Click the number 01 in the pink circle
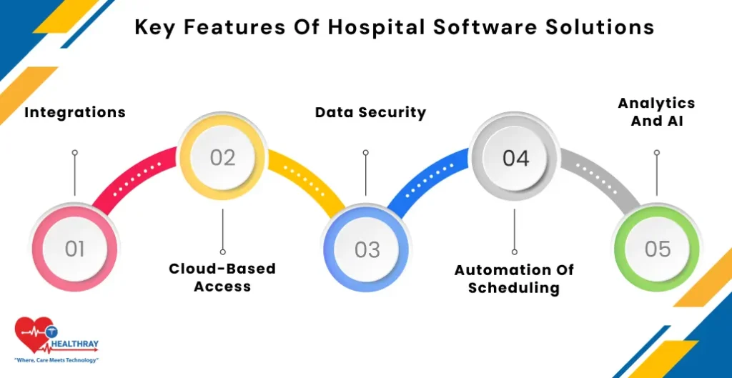pos(75,249)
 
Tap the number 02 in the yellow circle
pos(222,157)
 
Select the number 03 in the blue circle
pos(367,249)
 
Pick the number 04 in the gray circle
pos(515,157)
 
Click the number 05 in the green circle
pos(658,249)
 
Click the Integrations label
pos(75,112)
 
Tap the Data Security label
pos(370,112)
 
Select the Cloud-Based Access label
pos(222,277)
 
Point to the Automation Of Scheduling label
pos(514,279)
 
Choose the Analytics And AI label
pos(656,112)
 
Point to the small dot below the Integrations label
pos(75,152)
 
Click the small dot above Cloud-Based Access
pos(222,252)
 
